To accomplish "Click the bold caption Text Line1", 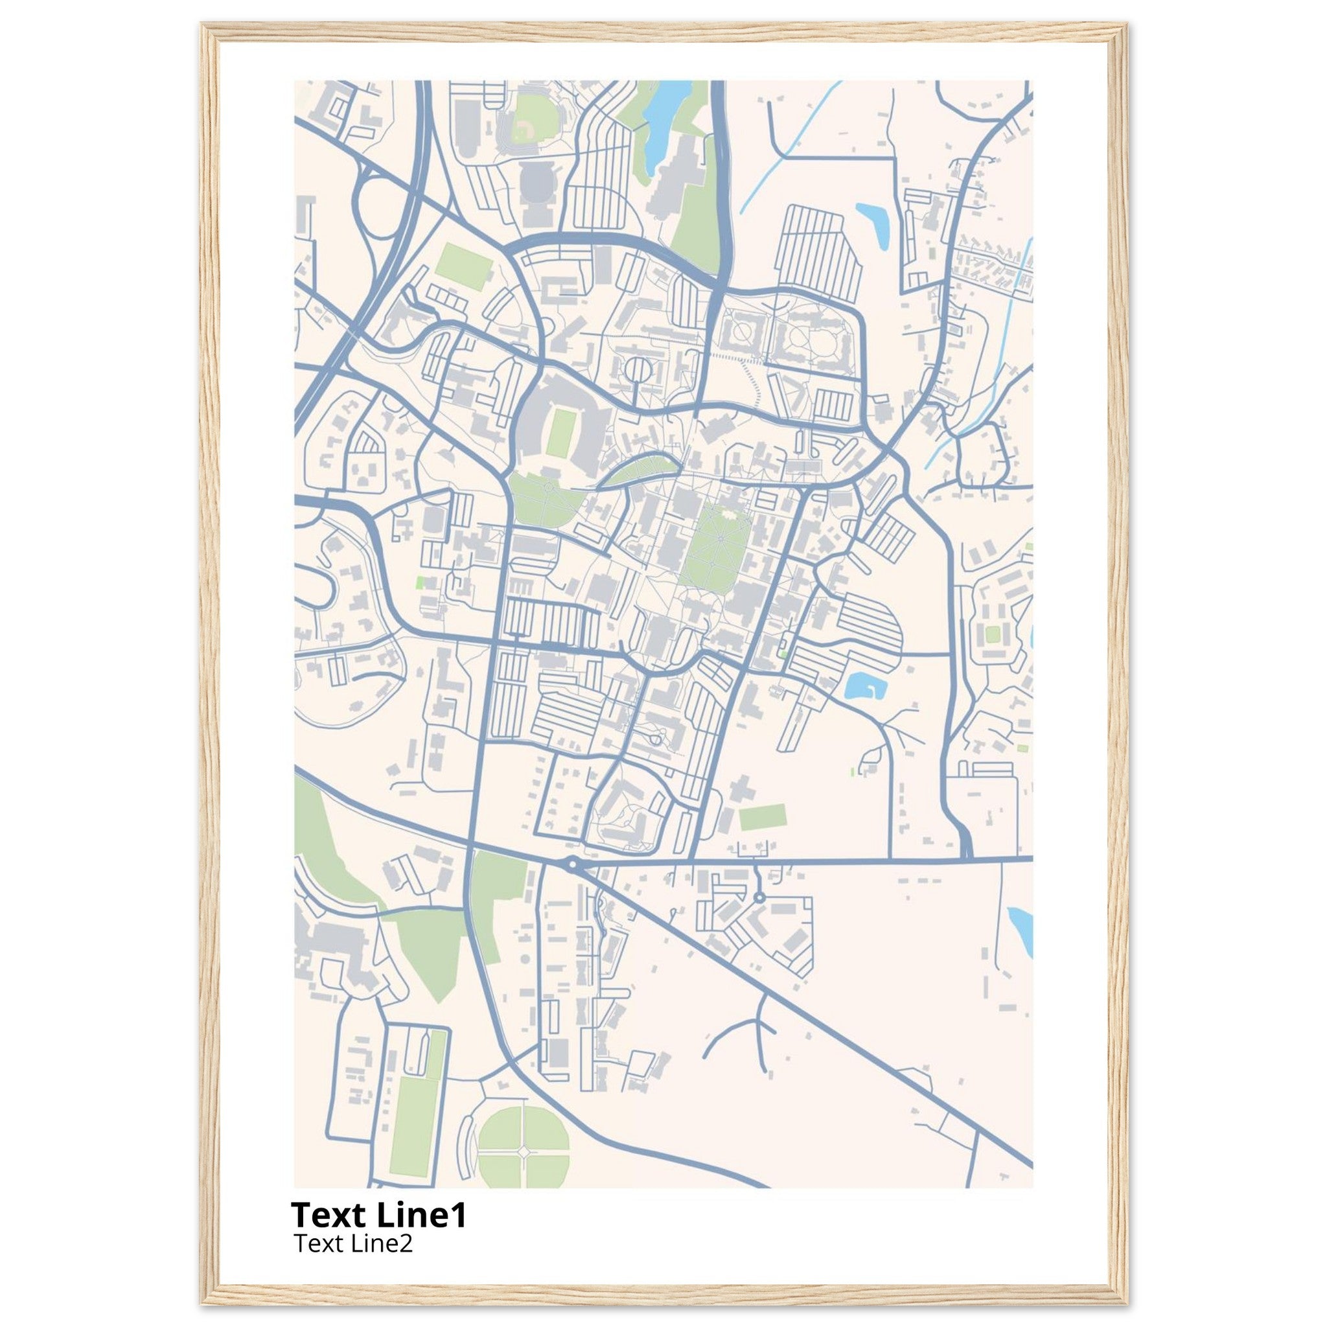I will [x=379, y=1215].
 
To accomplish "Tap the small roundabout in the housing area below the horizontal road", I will [x=759, y=897].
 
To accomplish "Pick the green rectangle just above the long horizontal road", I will [x=762, y=817].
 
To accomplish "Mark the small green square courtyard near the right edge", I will [x=991, y=634].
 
